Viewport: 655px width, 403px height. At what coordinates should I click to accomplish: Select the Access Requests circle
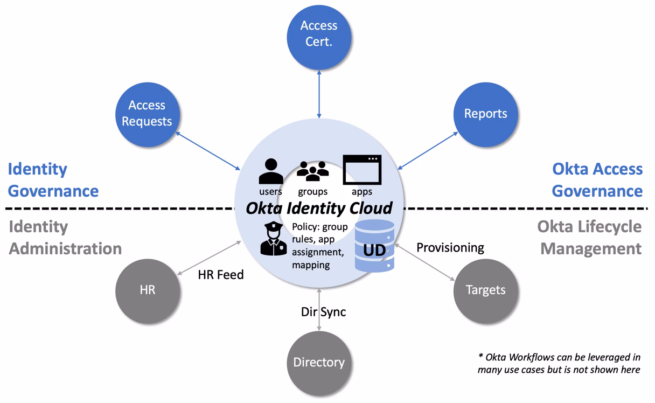tap(147, 114)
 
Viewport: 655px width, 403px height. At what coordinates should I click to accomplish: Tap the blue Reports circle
tap(485, 114)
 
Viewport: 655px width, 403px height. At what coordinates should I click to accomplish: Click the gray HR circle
tap(147, 290)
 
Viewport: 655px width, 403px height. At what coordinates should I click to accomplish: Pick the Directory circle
tap(319, 362)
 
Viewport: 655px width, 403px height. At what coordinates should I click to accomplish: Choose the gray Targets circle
tap(485, 290)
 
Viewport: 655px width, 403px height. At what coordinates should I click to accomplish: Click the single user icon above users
tap(271, 171)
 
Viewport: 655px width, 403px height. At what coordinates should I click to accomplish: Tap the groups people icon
tap(312, 171)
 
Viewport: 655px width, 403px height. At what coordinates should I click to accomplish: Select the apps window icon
tap(362, 170)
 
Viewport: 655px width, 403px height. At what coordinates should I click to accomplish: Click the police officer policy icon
tap(274, 238)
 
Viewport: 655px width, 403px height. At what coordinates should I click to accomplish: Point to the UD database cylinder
tap(375, 246)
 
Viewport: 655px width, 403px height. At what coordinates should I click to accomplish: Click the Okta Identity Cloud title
tap(319, 208)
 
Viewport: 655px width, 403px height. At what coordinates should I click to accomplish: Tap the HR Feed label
tap(220, 275)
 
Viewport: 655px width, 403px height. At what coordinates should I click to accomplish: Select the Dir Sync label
tap(323, 311)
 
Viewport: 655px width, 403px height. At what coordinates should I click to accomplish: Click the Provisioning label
tap(450, 247)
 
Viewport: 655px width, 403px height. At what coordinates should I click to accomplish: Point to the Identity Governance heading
tap(53, 180)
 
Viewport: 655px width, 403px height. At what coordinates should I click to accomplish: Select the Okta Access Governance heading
tap(597, 180)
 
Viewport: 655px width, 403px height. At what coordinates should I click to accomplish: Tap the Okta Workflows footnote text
tap(559, 363)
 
